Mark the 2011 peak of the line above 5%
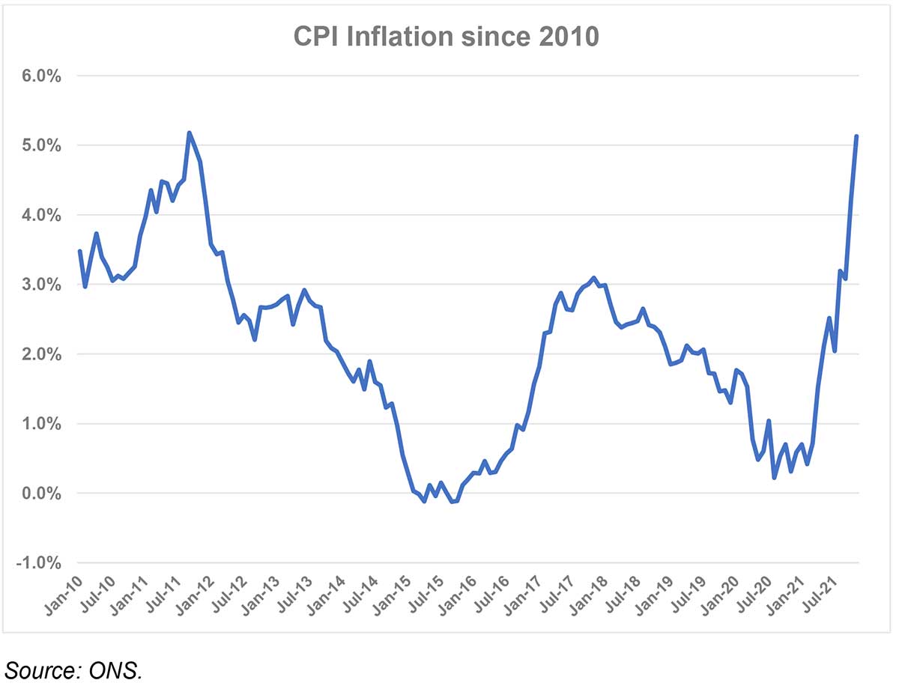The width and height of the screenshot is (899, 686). pyautogui.click(x=189, y=133)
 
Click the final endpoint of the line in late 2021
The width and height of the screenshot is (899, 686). pyautogui.click(x=856, y=136)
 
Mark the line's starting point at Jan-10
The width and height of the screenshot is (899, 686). pyautogui.click(x=79, y=251)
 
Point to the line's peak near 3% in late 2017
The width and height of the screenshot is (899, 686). pyautogui.click(x=593, y=278)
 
